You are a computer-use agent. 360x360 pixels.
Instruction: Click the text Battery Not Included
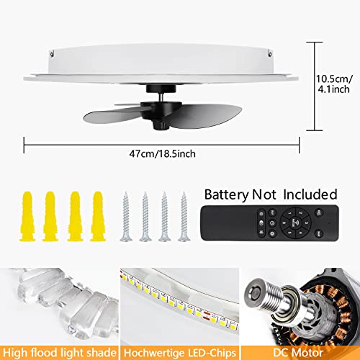[271, 194]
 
